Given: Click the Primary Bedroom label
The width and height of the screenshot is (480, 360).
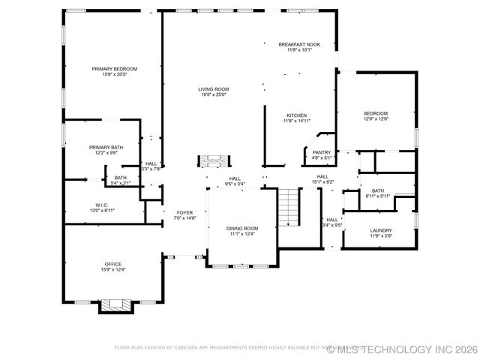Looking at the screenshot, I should click(115, 69).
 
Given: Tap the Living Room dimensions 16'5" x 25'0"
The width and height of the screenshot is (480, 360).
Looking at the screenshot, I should click(213, 94).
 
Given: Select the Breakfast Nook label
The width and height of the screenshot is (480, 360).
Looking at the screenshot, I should click(299, 44).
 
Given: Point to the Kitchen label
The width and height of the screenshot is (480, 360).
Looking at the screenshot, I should click(296, 115).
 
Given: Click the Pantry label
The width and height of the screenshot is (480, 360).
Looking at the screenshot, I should click(322, 152).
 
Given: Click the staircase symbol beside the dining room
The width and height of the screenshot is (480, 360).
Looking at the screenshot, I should click(289, 207).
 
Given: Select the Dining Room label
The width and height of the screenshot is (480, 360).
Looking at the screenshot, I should click(242, 228).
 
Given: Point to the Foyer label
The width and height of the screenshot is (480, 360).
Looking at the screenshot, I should click(184, 212).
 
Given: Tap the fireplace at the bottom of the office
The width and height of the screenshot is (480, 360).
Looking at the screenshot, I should click(115, 305).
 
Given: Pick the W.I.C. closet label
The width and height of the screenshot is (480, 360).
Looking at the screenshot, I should click(103, 205).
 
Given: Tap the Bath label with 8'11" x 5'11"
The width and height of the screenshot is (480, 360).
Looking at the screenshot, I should click(378, 190).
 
